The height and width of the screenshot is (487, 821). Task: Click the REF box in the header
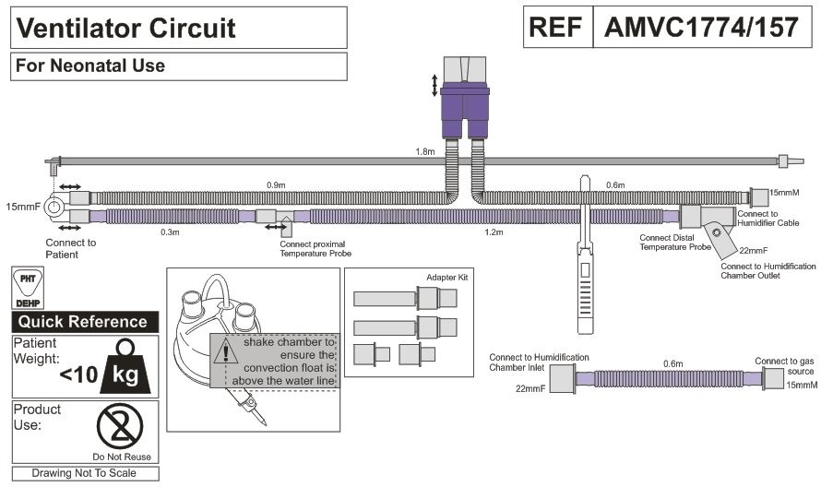point(558,29)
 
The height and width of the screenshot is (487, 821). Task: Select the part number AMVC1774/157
point(701,29)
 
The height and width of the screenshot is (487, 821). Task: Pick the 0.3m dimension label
point(170,232)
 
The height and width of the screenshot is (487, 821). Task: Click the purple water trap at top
point(465,102)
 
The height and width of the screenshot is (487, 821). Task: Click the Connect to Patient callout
point(70,248)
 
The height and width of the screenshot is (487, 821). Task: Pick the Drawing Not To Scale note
point(84,473)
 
